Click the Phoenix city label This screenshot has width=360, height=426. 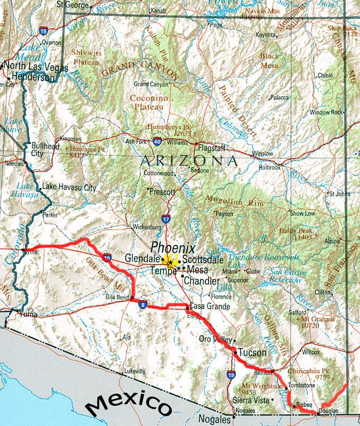[173, 248]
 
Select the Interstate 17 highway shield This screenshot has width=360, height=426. [166, 218]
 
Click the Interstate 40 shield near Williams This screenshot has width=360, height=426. [157, 142]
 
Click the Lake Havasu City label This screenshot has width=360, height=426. [69, 188]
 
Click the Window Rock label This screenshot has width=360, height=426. [326, 113]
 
